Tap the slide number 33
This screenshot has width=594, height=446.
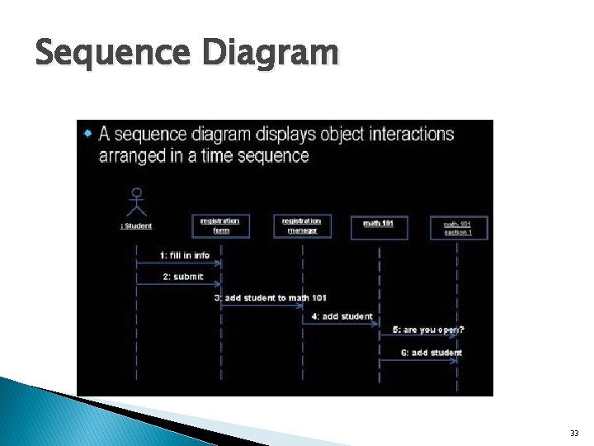click(x=574, y=433)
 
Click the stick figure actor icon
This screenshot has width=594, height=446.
click(x=137, y=202)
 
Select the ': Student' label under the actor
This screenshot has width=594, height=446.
click(x=137, y=225)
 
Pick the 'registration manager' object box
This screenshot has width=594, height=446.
click(x=302, y=225)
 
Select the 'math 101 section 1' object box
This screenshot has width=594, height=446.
click(x=459, y=227)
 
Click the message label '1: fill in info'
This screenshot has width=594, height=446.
click(x=185, y=254)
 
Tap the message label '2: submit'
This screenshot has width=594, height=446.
click(x=182, y=277)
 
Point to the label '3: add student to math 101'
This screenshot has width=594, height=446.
click(x=271, y=297)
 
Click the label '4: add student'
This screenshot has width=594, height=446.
click(x=342, y=316)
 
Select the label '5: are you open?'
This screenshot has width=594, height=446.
click(x=427, y=330)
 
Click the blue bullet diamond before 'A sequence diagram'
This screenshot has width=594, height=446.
click(x=88, y=132)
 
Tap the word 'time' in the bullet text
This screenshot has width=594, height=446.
click(x=219, y=155)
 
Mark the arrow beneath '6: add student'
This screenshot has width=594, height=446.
click(x=418, y=360)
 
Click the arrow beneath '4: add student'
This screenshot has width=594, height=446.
click(x=341, y=323)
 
